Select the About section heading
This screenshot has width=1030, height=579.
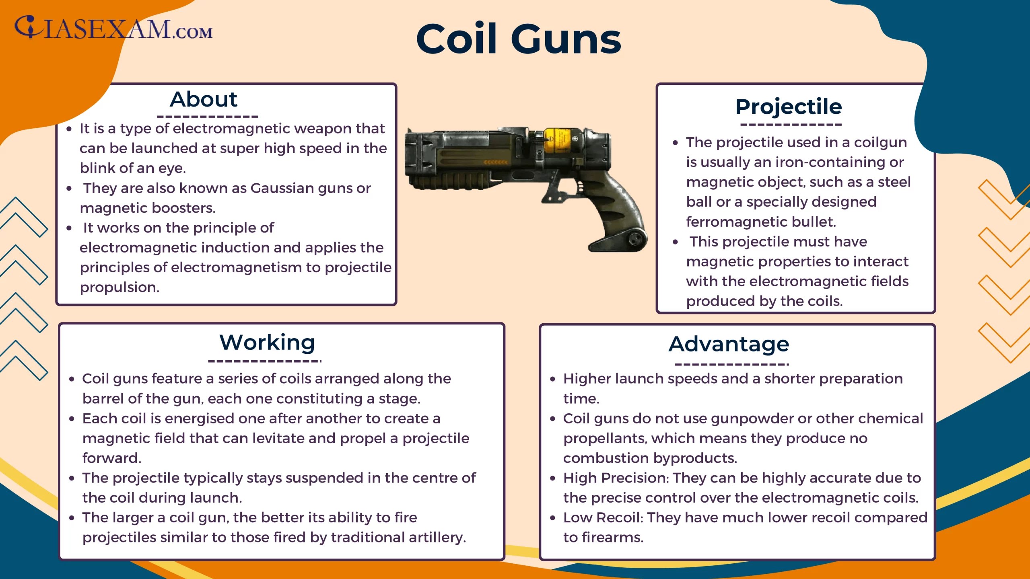(x=204, y=99)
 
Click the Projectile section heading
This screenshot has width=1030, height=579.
(x=789, y=107)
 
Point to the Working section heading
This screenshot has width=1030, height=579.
(x=267, y=343)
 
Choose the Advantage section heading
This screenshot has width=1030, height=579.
(x=729, y=344)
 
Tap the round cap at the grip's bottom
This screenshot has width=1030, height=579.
(x=635, y=239)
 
